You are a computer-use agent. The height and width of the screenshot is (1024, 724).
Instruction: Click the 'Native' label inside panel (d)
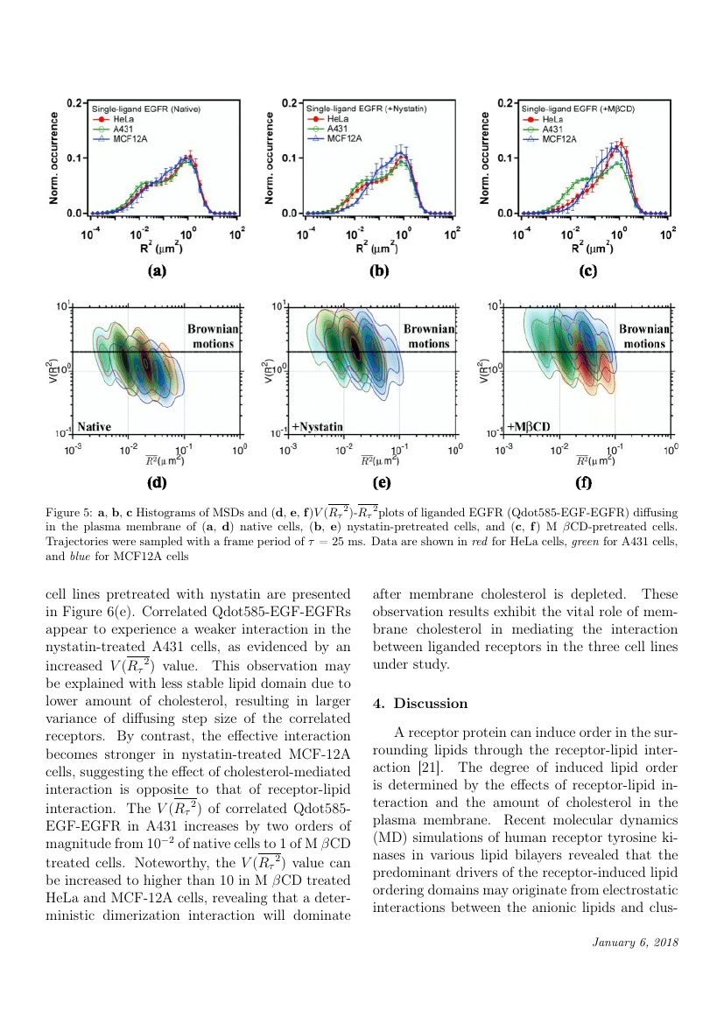coord(95,426)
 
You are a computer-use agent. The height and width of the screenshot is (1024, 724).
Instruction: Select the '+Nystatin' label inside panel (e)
coord(319,426)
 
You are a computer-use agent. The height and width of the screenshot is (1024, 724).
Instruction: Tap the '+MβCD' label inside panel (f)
coord(531,426)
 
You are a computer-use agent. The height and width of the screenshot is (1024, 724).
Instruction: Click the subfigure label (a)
coord(157,271)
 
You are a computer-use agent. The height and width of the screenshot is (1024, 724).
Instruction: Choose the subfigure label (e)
coord(381,481)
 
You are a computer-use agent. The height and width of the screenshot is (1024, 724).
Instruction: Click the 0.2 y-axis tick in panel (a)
coord(76,102)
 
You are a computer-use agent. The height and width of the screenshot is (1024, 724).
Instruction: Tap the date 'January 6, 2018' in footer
coord(635,942)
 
